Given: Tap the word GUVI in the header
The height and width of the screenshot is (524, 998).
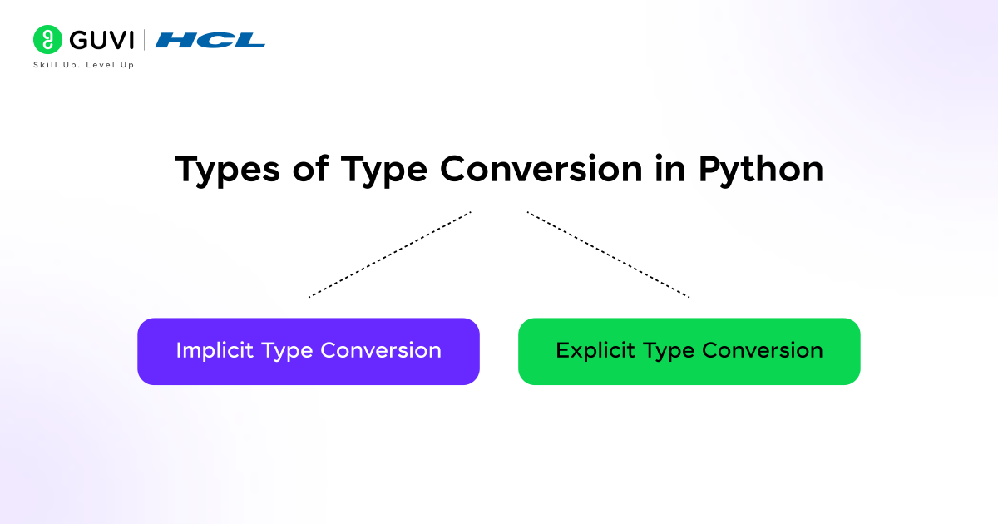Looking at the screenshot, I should click(96, 40).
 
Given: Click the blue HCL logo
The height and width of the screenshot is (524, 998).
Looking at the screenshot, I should click(210, 40).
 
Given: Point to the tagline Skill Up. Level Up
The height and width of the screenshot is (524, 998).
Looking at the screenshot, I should click(83, 65).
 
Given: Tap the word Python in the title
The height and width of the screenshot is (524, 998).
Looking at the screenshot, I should click(760, 170).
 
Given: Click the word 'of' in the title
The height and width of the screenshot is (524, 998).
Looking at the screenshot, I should click(310, 170).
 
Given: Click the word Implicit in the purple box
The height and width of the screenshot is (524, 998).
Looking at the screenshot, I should click(215, 350).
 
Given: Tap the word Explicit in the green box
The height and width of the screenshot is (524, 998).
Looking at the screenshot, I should click(592, 350).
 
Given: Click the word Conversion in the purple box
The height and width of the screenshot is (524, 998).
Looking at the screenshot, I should click(381, 350).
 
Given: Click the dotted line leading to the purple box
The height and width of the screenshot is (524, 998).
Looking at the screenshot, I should click(389, 255).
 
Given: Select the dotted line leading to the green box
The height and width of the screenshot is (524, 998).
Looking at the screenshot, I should click(608, 255).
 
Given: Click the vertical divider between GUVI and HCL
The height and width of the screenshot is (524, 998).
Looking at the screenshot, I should click(145, 40).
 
